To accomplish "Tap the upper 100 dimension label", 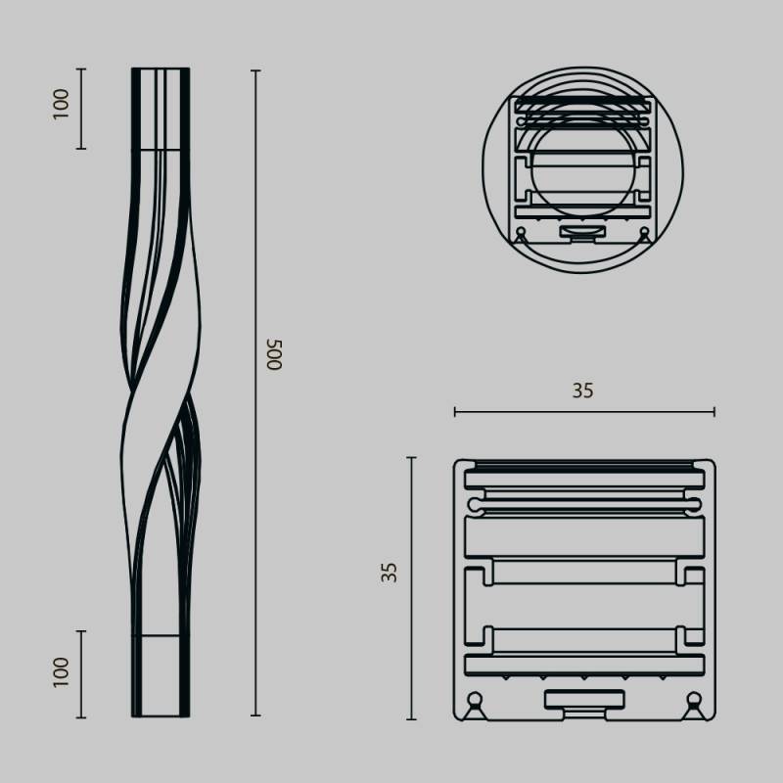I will [62, 104].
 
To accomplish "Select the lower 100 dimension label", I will [62, 670].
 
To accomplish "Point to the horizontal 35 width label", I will [582, 391].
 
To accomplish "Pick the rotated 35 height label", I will [391, 573].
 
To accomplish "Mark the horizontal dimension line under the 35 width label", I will [584, 412].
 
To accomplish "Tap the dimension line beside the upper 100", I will [81, 109].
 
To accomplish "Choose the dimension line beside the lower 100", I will [81, 674].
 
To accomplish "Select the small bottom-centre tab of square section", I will [584, 700].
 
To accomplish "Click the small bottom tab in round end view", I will [582, 232].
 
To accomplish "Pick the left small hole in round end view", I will [522, 232].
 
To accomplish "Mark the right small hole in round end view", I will [644, 232].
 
